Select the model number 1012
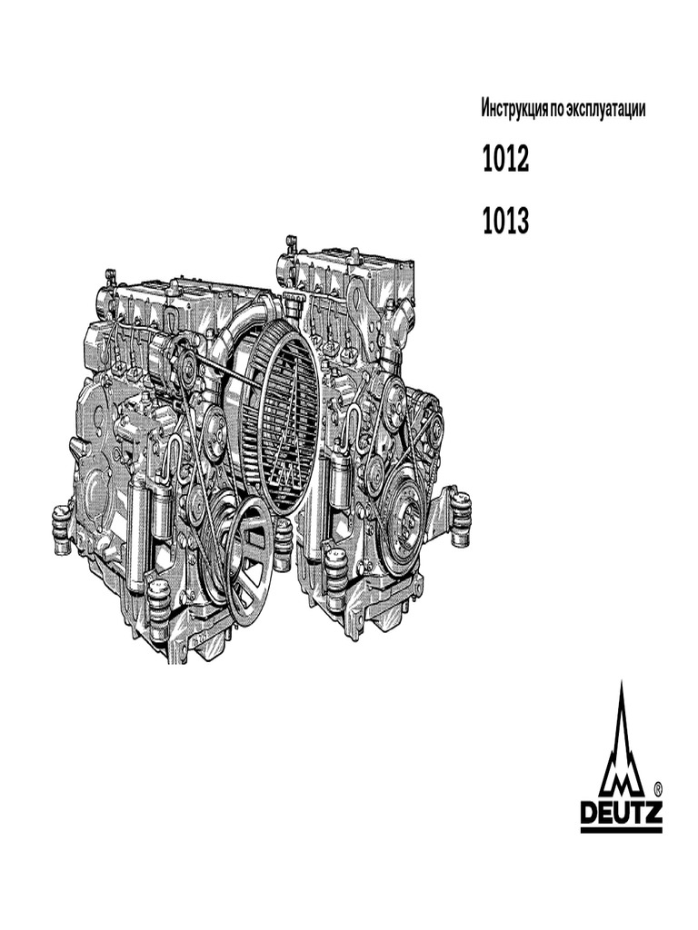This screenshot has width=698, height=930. tap(505, 162)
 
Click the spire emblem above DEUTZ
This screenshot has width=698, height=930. tap(621, 745)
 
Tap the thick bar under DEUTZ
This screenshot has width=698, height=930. tap(621, 828)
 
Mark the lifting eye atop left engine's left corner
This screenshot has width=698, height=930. tap(110, 275)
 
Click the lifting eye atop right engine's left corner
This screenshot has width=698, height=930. tap(291, 243)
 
